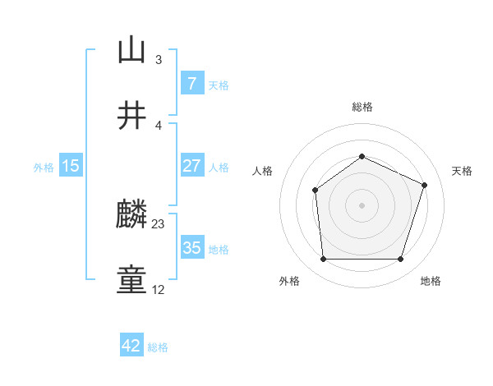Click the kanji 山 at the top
(131, 50)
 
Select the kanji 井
(131, 116)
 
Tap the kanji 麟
(131, 216)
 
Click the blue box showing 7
(191, 84)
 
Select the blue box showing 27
(191, 166)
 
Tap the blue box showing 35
(191, 248)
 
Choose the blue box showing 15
(71, 166)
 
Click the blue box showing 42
(131, 346)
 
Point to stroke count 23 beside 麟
(159, 223)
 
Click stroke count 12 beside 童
(159, 289)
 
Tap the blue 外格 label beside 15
(44, 167)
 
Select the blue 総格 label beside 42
(158, 347)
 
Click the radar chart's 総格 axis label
(362, 107)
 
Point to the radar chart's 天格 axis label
(462, 171)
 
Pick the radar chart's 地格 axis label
(431, 281)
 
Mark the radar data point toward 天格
(425, 185)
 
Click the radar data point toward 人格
(315, 191)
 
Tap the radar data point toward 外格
(323, 260)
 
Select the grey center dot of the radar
(362, 205)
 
